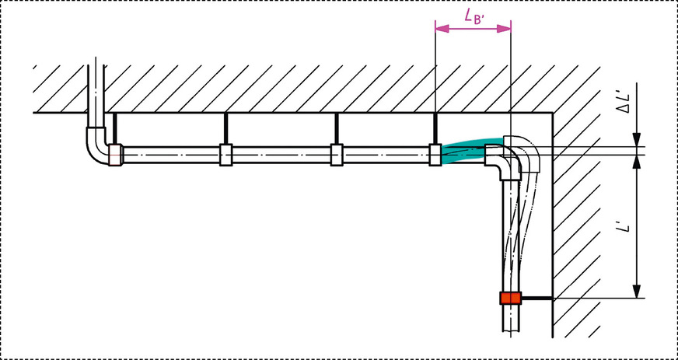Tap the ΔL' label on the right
[624, 103]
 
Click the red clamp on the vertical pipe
[510, 298]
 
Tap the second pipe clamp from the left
[225, 155]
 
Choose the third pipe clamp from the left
[337, 155]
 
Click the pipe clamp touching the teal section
[435, 155]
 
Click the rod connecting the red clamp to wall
[536, 298]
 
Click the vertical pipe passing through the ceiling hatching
[96, 86]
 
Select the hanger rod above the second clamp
[225, 128]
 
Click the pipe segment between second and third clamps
[281, 155]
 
